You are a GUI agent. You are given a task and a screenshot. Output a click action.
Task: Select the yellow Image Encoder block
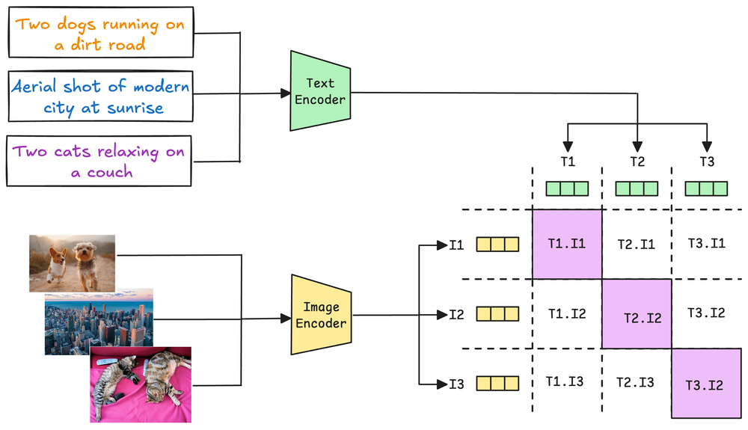coord(322,315)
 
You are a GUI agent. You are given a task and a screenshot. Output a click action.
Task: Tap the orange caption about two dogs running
coord(99,34)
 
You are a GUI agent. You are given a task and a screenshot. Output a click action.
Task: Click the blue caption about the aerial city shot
coord(99,96)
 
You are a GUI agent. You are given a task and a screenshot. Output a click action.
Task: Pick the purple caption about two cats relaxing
coord(99,162)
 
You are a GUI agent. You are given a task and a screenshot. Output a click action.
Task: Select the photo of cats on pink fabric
coord(141,384)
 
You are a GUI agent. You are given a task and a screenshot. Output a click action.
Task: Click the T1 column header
coord(567,162)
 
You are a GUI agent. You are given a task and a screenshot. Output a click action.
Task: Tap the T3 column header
coord(707,162)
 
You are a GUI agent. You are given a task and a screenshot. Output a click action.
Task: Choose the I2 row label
coord(456,315)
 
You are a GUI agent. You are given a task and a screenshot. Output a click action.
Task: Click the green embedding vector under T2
coord(637,188)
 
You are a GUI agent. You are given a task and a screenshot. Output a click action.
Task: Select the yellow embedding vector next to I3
coord(497,384)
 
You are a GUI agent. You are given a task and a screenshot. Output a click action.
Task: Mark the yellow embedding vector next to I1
coord(497,245)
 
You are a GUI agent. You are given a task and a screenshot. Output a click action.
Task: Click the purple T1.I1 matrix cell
coord(567,244)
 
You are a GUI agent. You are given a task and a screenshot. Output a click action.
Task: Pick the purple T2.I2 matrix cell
coord(637,315)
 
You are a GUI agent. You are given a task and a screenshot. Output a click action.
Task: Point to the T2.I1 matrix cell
coord(637,244)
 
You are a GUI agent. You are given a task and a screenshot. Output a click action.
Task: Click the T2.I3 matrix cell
coord(636,382)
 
